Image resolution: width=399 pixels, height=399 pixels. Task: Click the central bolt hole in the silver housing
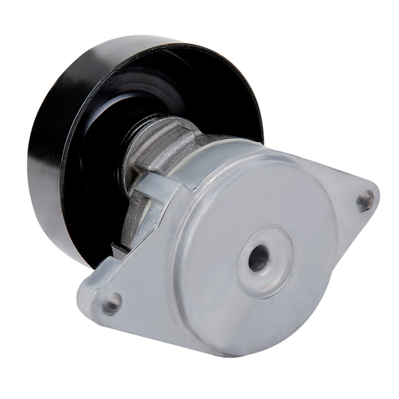(258, 258)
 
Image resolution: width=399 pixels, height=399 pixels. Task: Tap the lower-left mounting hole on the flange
(112, 303)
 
